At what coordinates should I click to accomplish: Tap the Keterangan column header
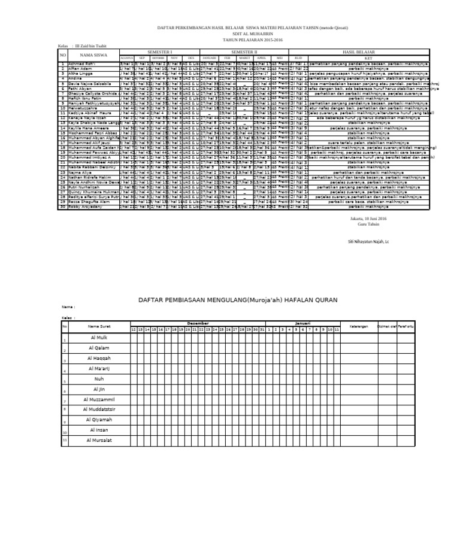tap(358, 326)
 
